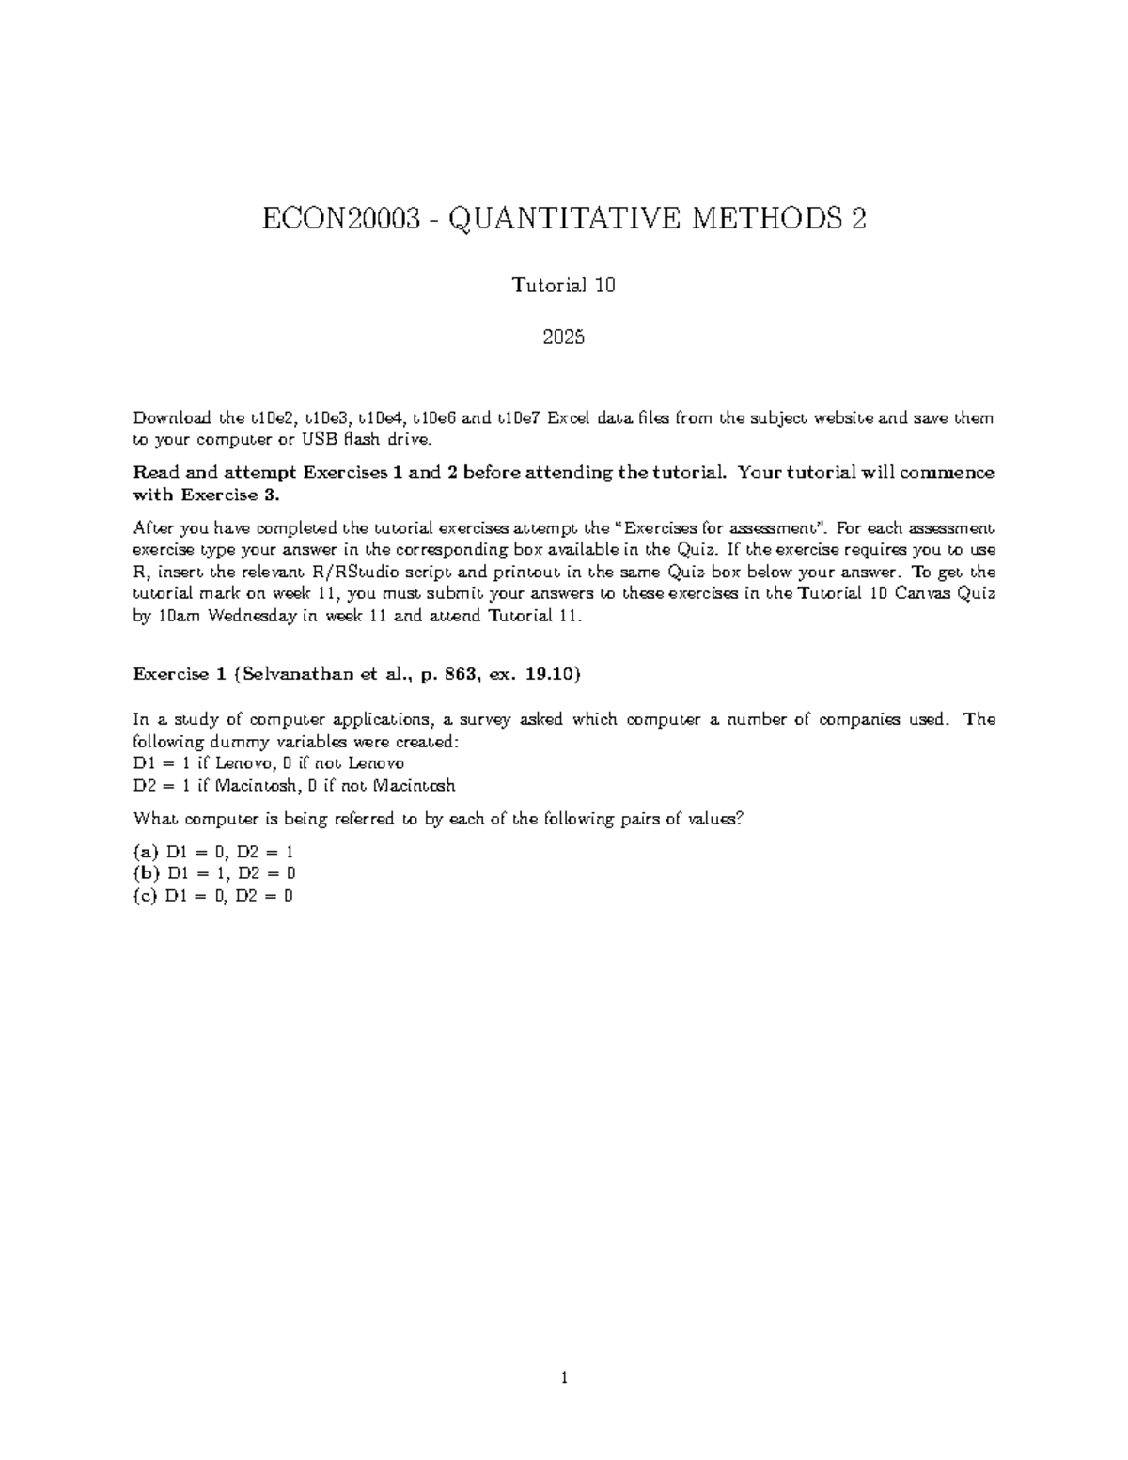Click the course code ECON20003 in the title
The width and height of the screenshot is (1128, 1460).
point(339,220)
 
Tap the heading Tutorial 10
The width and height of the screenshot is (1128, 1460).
point(563,285)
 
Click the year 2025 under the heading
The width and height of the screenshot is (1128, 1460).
point(564,337)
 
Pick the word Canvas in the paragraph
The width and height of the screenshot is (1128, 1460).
point(923,594)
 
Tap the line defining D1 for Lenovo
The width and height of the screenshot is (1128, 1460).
point(269,763)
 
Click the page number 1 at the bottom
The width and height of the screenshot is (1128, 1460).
point(564,1379)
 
